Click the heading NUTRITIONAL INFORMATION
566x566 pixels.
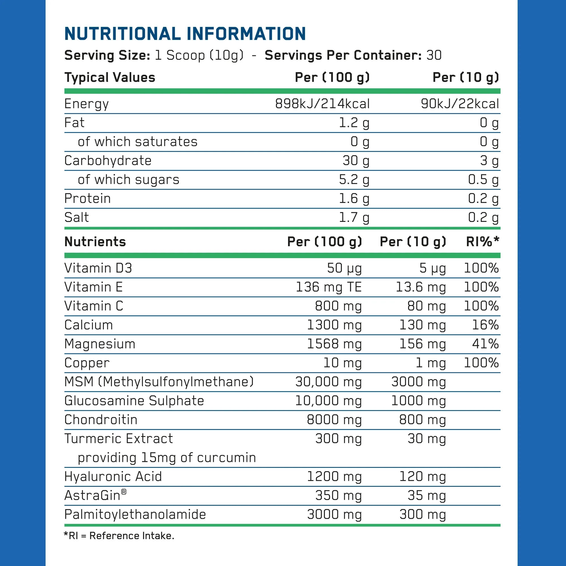pos(185,34)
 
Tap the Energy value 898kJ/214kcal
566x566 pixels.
pos(322,104)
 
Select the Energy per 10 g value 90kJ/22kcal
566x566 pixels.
pos(460,104)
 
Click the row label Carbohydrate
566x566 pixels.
pos(108,160)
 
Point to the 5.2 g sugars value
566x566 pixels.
pos(354,180)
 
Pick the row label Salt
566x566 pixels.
pos(76,217)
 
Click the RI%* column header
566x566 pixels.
pos(482,242)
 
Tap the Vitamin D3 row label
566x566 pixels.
pos(98,268)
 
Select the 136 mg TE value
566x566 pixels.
pos(329,287)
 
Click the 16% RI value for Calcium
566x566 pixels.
pos(485,325)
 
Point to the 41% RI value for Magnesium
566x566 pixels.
pos(485,344)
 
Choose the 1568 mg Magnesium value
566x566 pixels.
pos(334,344)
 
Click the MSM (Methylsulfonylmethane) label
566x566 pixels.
pos(159,382)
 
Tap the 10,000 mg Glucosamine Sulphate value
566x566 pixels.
pos(328,401)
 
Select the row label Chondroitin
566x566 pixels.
pos(101,420)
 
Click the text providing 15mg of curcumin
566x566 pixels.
pos(167,458)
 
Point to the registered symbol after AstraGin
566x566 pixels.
pos(124,492)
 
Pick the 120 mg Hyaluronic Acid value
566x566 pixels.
pos(423,477)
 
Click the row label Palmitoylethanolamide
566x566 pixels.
pos(135,514)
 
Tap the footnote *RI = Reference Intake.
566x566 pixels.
pos(119,536)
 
